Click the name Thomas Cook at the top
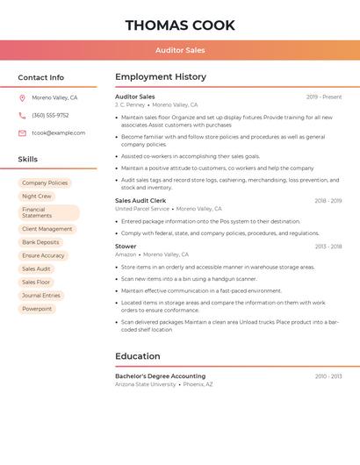(180, 25)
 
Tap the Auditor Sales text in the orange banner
(180, 50)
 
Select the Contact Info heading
(41, 77)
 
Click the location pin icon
(22, 98)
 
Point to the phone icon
(22, 116)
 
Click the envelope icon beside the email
(22, 133)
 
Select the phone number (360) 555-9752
(50, 116)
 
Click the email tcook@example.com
(59, 133)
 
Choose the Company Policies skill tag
(45, 183)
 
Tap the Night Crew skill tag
(37, 197)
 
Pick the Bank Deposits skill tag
(40, 242)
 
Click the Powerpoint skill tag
(37, 309)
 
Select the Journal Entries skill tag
(41, 296)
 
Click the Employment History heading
(161, 77)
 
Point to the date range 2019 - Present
(324, 97)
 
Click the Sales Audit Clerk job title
(141, 201)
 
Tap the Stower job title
(126, 247)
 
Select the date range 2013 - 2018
(328, 247)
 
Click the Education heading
(138, 356)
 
